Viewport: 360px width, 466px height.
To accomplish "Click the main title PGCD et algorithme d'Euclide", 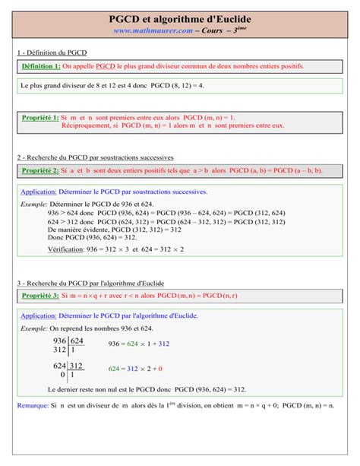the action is (x=180, y=17).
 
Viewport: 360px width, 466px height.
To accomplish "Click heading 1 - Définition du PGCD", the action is (x=54, y=52).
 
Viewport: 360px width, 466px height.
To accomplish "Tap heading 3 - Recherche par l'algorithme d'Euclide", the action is (x=94, y=281).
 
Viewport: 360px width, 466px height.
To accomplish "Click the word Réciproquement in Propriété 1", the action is (x=90, y=125).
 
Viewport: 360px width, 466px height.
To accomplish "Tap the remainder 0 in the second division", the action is (x=62, y=375).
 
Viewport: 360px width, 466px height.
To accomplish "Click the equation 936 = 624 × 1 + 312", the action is (x=139, y=344).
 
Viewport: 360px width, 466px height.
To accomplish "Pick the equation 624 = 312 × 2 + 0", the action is (x=135, y=369).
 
